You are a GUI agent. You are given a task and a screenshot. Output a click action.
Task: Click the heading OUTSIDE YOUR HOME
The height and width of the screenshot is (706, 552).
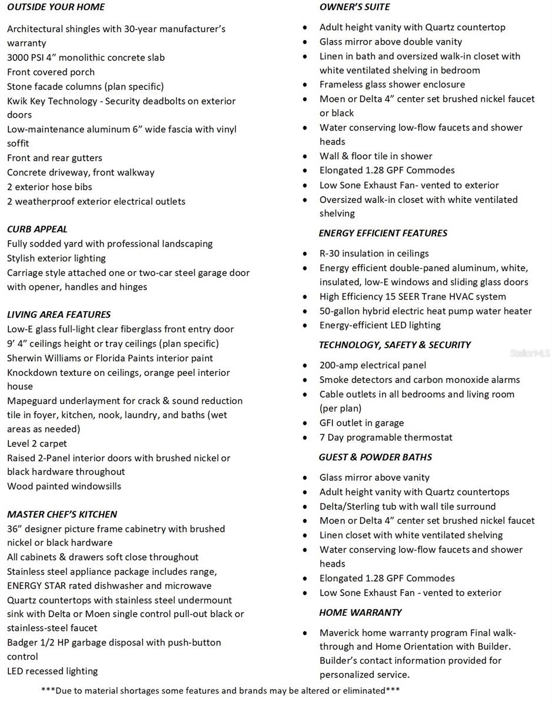tap(56, 7)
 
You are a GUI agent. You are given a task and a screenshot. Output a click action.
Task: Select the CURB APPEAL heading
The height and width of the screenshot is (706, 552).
tap(37, 229)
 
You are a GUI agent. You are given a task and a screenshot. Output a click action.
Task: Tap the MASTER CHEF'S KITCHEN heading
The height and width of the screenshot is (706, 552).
tap(62, 514)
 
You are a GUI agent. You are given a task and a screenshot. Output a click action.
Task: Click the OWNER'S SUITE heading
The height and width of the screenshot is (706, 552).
tap(354, 7)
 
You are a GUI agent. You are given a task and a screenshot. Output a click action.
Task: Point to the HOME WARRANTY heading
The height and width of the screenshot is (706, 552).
tap(360, 612)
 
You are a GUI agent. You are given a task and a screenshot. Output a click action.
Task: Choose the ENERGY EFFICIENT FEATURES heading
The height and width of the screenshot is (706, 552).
tap(383, 233)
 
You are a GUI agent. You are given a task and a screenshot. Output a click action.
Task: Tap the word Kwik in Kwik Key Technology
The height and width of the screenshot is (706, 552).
tap(17, 101)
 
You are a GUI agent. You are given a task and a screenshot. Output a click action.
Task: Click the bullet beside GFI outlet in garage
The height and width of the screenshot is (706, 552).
tap(305, 424)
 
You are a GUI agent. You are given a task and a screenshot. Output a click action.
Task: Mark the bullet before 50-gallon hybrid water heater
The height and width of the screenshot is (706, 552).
tap(305, 312)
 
